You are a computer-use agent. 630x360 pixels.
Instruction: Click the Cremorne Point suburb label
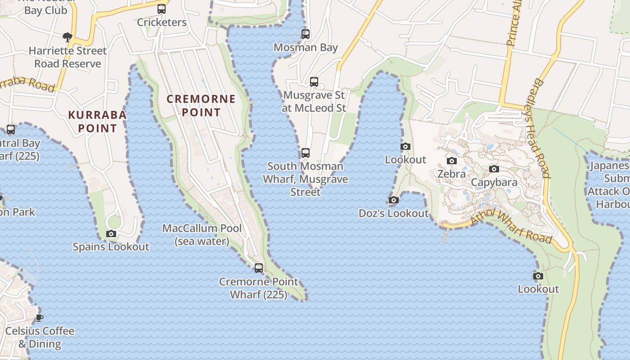201,105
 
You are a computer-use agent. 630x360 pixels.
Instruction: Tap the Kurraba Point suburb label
97,121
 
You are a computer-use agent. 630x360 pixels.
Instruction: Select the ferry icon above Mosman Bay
306,34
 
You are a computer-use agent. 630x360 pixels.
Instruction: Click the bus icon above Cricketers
162,9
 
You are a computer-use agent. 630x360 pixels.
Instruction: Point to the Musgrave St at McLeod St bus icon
314,82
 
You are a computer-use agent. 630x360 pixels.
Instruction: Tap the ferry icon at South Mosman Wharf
306,153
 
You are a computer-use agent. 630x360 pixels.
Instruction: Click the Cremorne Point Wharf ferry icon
259,268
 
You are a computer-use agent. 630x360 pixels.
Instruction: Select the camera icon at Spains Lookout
111,234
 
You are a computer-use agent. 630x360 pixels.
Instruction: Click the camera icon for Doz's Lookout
394,200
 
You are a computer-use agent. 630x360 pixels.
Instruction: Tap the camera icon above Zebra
451,161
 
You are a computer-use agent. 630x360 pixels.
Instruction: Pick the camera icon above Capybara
494,169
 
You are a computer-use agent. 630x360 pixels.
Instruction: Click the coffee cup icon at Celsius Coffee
40,318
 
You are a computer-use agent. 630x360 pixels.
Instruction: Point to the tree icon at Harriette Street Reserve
67,37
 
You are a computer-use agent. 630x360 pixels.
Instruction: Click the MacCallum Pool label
202,234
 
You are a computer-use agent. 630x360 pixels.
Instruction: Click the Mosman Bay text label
306,47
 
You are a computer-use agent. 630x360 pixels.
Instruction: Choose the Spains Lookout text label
111,247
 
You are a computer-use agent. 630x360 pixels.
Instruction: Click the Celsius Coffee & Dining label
40,337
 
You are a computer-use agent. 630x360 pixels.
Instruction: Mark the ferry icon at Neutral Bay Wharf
11,130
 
